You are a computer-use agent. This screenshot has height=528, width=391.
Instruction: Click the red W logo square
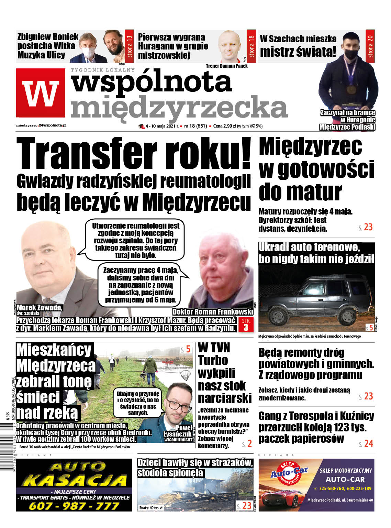tap(41, 93)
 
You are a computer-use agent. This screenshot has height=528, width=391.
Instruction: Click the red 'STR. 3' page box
tap(246, 324)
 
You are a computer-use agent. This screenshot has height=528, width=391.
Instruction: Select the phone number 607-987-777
tap(74, 506)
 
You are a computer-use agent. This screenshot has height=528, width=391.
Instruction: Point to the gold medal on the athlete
tap(350, 89)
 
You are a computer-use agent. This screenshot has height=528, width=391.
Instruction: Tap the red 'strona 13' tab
tap(129, 46)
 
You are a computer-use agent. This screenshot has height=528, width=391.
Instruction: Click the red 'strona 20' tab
tap(370, 46)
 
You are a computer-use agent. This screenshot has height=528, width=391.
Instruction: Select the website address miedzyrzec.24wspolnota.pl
tap(41, 125)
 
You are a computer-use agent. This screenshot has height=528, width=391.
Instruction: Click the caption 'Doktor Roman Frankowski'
tap(213, 312)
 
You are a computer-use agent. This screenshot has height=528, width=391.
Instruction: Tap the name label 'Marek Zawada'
tap(39, 307)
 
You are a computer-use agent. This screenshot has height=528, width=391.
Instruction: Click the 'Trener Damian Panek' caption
tap(226, 66)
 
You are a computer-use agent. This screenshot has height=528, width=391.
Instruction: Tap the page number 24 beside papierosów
tap(368, 444)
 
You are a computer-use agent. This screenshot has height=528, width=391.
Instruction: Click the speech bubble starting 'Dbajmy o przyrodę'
tap(138, 403)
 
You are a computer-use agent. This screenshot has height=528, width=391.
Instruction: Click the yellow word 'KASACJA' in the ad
tap(75, 480)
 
